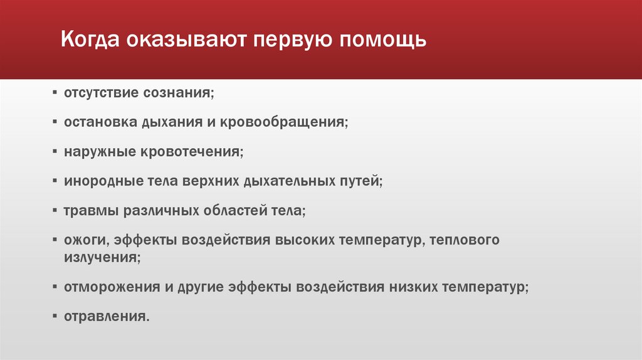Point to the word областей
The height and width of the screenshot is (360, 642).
[x=232, y=211]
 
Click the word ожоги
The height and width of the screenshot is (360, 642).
[x=83, y=240]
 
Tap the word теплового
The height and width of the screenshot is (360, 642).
[x=465, y=240]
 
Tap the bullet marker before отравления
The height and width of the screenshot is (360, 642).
[x=56, y=316]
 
